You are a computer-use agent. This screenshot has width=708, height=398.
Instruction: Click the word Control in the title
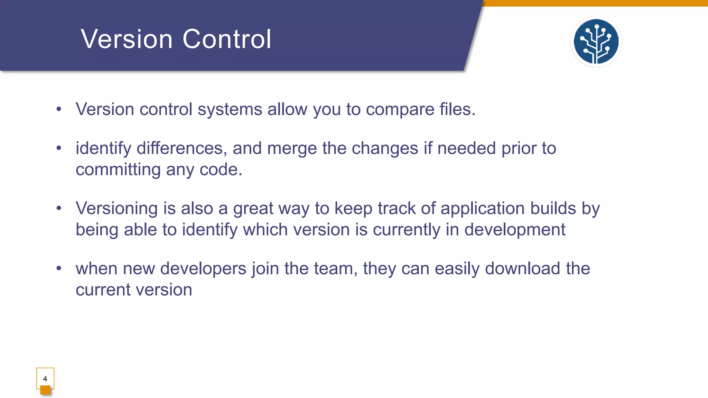tap(227, 39)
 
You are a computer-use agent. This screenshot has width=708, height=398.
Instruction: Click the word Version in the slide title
tap(127, 39)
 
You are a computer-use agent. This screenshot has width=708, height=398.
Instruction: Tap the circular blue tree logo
tap(596, 41)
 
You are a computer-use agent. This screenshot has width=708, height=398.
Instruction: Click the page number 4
tap(45, 379)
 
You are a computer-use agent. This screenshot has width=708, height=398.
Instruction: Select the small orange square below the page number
tap(45, 390)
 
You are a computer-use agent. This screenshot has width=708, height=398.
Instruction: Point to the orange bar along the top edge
tap(595, 3)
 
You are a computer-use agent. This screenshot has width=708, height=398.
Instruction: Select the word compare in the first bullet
tap(400, 110)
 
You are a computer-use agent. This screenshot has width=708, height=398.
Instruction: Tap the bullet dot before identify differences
tap(59, 148)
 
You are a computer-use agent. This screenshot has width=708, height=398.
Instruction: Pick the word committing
tap(118, 170)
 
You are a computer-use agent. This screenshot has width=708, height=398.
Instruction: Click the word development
tap(515, 230)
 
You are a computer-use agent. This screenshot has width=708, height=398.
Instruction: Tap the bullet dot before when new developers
tap(59, 268)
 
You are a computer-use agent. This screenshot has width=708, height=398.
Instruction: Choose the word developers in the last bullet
tap(203, 269)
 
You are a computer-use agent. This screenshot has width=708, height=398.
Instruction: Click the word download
tap(522, 268)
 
